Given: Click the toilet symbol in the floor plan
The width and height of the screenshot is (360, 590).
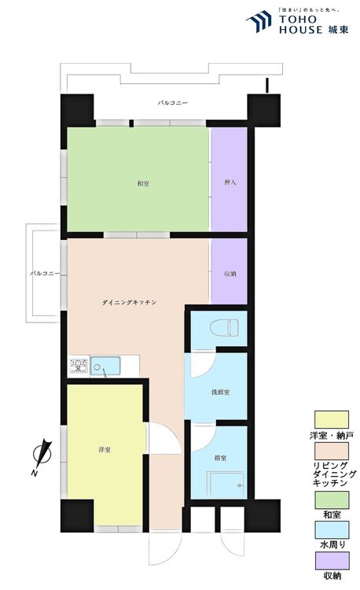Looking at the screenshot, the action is click(224, 328).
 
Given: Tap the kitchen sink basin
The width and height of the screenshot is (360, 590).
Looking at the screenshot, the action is click(105, 366).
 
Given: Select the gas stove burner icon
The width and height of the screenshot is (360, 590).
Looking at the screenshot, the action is click(79, 366).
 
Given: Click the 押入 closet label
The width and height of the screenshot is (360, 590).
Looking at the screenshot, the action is click(230, 183).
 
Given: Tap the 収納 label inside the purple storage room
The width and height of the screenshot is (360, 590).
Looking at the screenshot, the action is click(230, 274).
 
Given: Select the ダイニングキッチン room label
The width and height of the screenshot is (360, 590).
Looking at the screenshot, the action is click(129, 302).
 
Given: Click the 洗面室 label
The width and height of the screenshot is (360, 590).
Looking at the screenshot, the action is click(220, 392).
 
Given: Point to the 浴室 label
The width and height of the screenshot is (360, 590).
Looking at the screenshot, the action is click(220, 459).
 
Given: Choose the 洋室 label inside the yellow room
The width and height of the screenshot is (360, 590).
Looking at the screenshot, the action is click(105, 450).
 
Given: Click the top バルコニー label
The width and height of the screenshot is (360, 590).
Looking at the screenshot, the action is click(172, 103).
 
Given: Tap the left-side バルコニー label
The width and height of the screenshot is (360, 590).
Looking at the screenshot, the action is click(45, 273).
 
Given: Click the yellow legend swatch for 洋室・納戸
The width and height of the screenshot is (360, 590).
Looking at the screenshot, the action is click(332, 419).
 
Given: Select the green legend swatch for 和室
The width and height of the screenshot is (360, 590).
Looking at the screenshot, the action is click(332, 500).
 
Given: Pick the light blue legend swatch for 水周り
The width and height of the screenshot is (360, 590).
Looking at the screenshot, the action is click(332, 529).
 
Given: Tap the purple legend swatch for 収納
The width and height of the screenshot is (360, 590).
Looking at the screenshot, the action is click(332, 561).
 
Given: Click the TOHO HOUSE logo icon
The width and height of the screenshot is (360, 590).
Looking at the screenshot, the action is click(259, 22).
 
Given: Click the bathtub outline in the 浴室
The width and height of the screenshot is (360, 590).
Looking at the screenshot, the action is click(226, 485).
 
